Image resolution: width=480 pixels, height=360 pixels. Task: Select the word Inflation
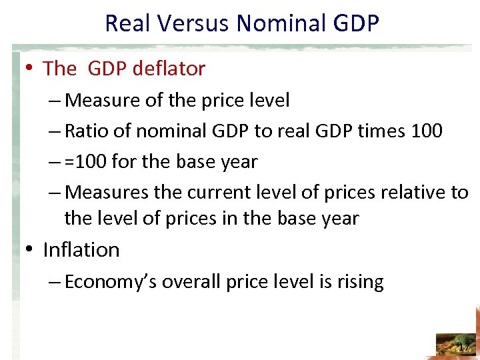[x=81, y=250]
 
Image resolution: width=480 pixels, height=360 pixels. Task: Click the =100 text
[x=87, y=162]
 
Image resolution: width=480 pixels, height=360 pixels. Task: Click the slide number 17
[x=463, y=347]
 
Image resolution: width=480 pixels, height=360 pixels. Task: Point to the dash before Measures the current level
[x=56, y=193]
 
